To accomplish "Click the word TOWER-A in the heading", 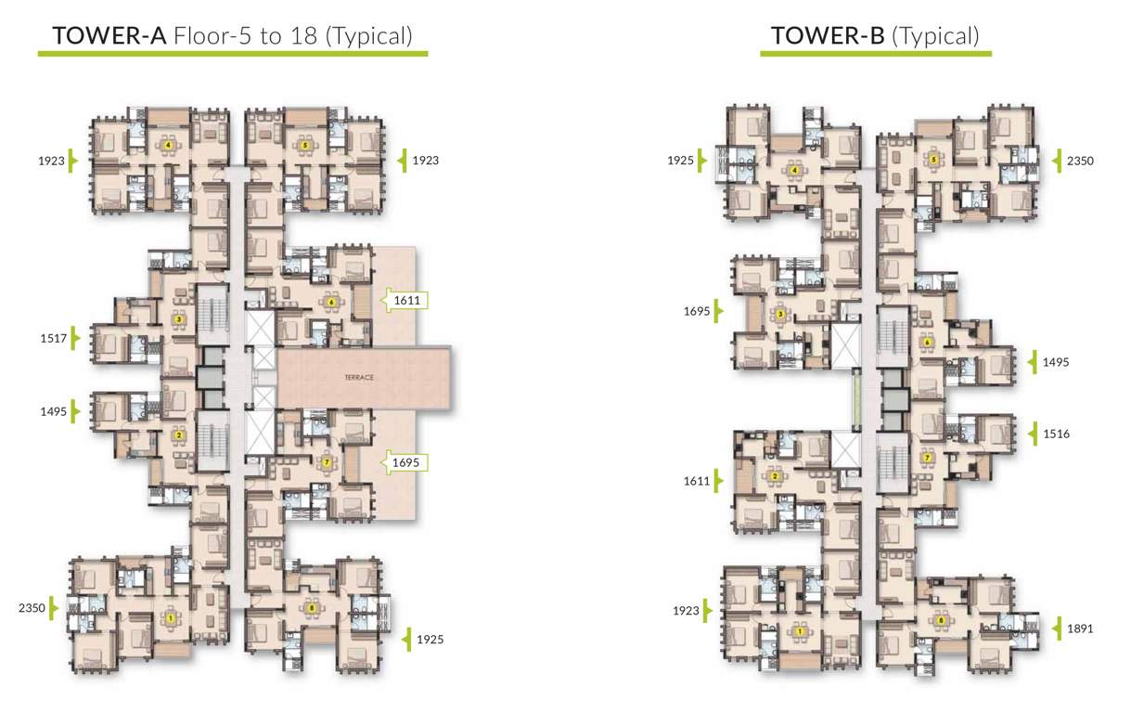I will click(110, 36).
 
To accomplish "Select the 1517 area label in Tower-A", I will click(53, 339).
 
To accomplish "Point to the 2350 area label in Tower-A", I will click(32, 608).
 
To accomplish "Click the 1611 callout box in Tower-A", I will click(406, 301).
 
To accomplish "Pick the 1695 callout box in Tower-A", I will click(406, 461).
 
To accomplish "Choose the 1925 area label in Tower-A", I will click(431, 640).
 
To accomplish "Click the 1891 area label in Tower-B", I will click(1080, 629).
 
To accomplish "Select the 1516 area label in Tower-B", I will click(1056, 434).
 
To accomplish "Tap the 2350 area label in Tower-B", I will click(1080, 161).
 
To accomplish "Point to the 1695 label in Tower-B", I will click(699, 312).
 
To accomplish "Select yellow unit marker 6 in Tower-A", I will click(330, 301).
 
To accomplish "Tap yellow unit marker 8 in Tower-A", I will click(311, 608).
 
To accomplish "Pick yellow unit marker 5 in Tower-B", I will click(933, 160).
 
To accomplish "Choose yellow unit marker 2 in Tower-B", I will click(774, 477).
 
